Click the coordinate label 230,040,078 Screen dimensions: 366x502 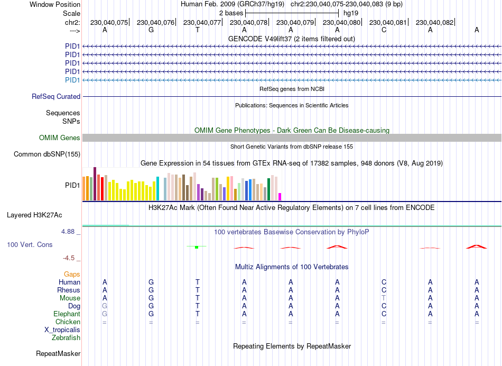point(248,22)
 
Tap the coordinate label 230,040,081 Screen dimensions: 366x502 point(388,22)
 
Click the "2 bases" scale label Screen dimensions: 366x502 point(231,13)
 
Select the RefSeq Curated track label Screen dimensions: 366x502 point(56,97)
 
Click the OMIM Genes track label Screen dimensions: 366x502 point(60,138)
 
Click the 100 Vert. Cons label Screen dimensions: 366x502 point(30,245)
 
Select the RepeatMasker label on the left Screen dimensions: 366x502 point(58,353)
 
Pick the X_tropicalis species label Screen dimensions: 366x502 point(62,330)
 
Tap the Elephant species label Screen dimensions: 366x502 point(67,314)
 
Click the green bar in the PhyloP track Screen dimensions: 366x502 point(197,247)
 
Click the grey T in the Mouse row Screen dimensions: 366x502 point(384,298)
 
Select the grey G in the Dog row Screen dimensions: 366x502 point(105,306)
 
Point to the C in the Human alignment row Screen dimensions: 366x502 point(384,282)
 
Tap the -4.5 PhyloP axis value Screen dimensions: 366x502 point(70,258)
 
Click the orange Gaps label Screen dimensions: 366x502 point(72,274)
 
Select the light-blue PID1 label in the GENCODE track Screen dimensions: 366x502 point(72,80)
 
